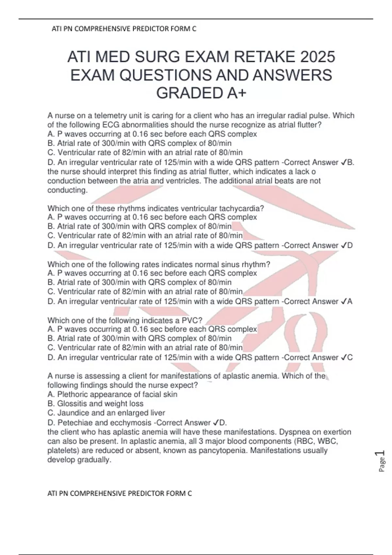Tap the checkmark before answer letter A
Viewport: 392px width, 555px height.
[343, 302]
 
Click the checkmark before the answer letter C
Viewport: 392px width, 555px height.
[343, 357]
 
